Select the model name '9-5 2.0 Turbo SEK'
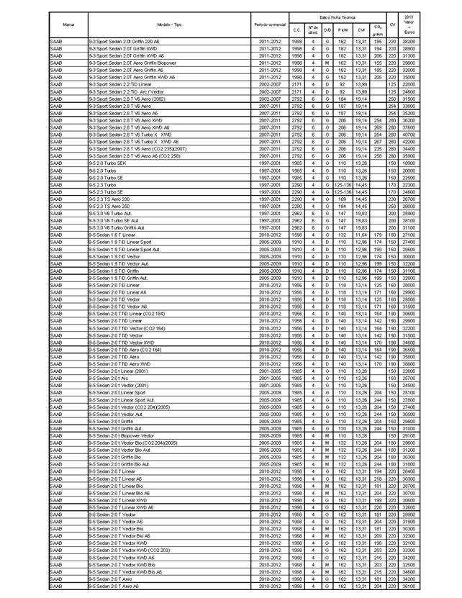pyautogui.click(x=107, y=163)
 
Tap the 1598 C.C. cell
pyautogui.click(x=296, y=235)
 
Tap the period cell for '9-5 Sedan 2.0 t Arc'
pyautogui.click(x=270, y=378)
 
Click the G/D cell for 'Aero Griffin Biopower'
pyautogui.click(x=327, y=63)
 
